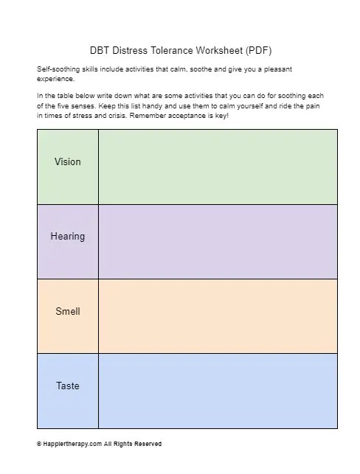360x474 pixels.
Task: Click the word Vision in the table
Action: point(67,161)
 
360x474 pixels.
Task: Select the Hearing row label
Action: point(67,236)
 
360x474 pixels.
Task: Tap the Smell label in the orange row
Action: point(67,311)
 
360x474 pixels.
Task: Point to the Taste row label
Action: point(67,386)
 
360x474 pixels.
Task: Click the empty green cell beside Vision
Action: point(218,167)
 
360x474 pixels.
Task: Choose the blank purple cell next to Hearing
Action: point(218,241)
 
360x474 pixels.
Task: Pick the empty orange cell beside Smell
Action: point(218,316)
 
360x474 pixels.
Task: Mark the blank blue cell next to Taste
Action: point(218,391)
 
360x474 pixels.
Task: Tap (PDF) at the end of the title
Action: point(257,51)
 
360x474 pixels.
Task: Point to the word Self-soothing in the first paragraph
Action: point(56,69)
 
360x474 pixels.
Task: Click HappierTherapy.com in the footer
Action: point(66,444)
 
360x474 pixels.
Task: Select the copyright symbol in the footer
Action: point(38,444)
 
